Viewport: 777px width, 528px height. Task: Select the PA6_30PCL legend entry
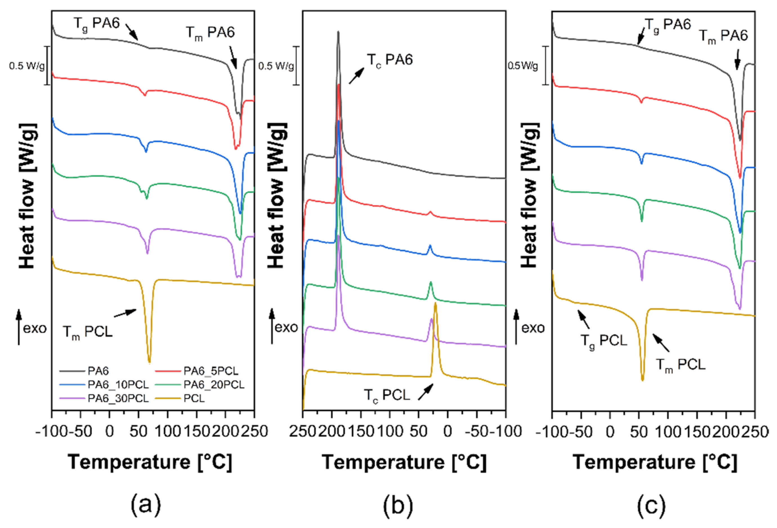pos(118,398)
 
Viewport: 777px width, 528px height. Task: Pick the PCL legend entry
pos(194,398)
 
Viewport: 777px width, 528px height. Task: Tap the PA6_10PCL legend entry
pos(118,385)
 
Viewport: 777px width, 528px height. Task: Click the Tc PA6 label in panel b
pos(390,60)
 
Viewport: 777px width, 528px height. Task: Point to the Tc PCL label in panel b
pos(387,395)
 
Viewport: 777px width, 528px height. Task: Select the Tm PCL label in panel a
pos(88,332)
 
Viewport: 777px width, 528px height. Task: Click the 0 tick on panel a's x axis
pos(109,431)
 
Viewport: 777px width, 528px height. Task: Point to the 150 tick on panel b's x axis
pos(360,431)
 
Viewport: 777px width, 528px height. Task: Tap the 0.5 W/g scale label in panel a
pos(27,66)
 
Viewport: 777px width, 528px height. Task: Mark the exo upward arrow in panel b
pos(272,326)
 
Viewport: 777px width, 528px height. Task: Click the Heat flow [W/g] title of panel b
pos(277,196)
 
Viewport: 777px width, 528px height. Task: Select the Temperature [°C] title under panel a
pos(150,462)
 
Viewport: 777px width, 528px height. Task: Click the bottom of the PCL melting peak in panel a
pos(149,362)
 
